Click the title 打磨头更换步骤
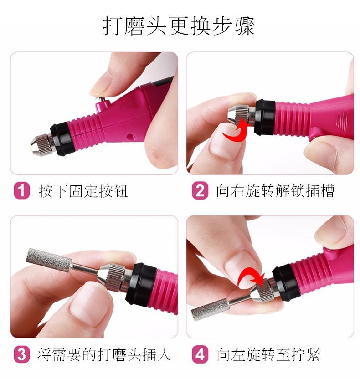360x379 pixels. (x=179, y=26)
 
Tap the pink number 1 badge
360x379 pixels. (x=22, y=191)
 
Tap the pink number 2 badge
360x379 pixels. (x=200, y=191)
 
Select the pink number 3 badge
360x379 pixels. (x=22, y=354)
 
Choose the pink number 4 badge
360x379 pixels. (x=200, y=354)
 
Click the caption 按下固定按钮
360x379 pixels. (x=83, y=191)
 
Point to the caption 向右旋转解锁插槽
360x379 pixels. (x=275, y=191)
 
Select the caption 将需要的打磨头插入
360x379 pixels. (x=104, y=355)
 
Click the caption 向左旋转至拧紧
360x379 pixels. (x=268, y=355)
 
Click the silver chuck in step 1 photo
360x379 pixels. (x=41, y=145)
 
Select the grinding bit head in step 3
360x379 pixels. (x=49, y=260)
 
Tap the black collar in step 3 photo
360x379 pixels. (x=141, y=283)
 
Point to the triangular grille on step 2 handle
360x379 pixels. (x=342, y=120)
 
